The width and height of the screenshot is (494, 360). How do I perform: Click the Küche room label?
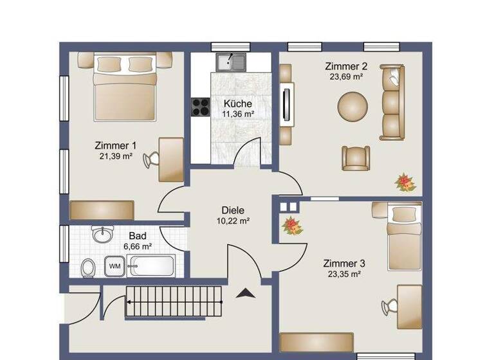tap(237, 104)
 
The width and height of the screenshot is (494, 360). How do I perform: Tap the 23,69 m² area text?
tap(347, 76)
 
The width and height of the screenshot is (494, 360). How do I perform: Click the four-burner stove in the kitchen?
tap(199, 107)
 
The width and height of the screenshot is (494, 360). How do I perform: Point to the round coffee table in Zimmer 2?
tap(354, 105)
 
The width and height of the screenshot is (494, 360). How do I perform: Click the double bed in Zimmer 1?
tap(125, 90)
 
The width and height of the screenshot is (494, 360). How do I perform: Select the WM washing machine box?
tap(114, 265)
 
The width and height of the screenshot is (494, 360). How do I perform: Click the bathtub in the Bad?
tap(151, 265)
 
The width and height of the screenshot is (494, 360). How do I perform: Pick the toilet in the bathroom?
tap(89, 267)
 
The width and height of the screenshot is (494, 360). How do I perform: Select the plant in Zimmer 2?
tap(405, 182)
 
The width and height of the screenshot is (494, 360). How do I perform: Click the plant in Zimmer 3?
tap(293, 225)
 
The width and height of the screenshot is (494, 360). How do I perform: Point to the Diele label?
tap(233, 210)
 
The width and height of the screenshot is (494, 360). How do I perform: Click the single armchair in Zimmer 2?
tap(355, 157)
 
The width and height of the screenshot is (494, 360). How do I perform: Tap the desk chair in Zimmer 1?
tap(152, 159)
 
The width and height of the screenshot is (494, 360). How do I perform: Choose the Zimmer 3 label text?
tap(344, 264)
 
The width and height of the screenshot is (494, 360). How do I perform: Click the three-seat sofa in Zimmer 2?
tap(391, 102)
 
